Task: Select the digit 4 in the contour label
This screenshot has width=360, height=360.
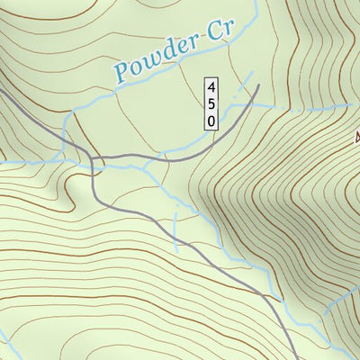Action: [211, 88]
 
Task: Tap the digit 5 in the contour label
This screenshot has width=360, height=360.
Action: [211, 103]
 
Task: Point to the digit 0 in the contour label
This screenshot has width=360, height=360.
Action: [211, 119]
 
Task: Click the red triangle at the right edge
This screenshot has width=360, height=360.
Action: [357, 138]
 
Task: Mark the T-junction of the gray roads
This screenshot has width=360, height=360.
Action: [94, 161]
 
